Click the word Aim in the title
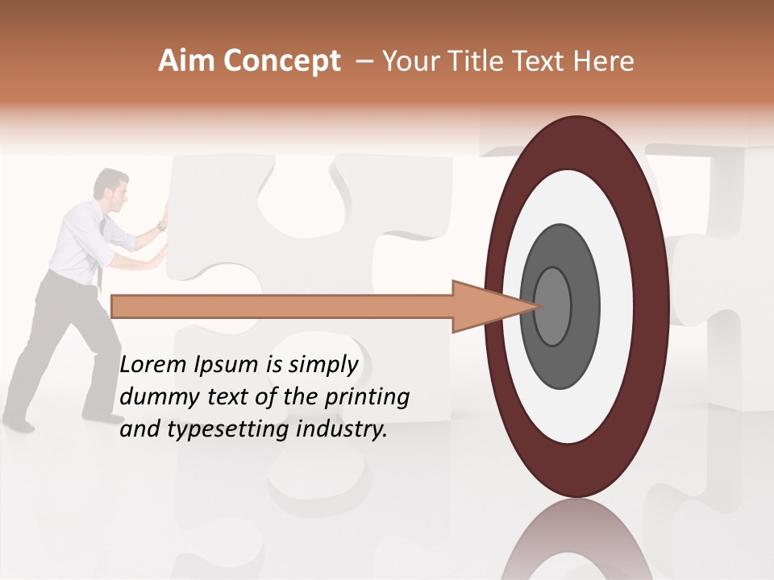point(187,61)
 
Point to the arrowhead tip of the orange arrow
point(538,306)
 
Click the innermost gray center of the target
point(553,307)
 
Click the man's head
point(111,184)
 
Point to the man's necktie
point(101,242)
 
